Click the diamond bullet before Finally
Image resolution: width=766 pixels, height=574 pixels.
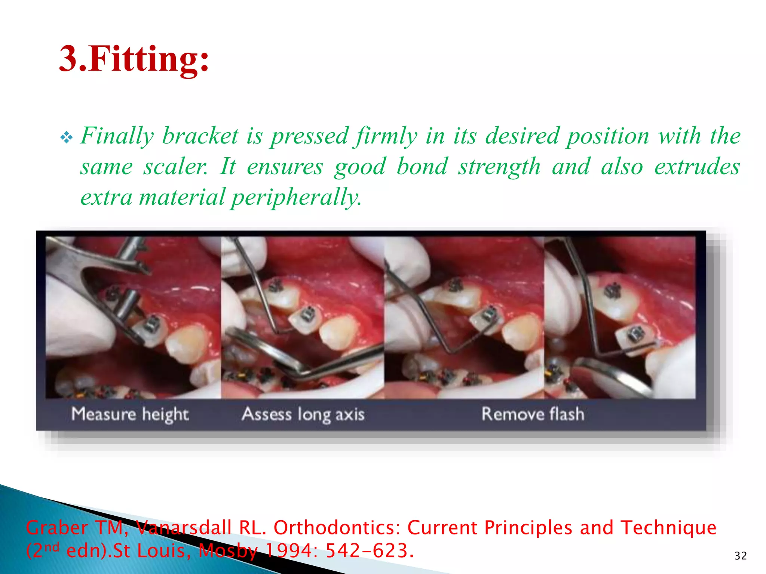(67, 138)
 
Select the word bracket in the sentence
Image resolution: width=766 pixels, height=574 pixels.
(200, 136)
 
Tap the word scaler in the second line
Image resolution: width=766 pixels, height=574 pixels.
(176, 167)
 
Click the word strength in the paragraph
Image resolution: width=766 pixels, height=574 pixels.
(500, 167)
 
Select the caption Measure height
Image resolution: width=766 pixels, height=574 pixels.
(130, 414)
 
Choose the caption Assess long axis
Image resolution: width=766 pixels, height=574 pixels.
(303, 414)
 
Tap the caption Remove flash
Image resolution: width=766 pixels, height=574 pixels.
(533, 414)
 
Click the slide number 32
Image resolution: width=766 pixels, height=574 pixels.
(741, 556)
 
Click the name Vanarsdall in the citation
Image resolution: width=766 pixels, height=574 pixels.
(183, 528)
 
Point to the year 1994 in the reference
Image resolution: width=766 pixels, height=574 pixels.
(291, 551)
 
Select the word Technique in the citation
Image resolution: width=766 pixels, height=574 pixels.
(668, 528)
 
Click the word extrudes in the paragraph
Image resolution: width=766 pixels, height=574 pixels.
(697, 167)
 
